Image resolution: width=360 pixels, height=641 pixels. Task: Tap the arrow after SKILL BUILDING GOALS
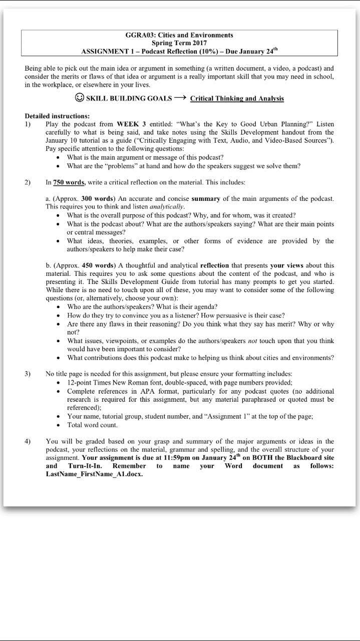[180, 98]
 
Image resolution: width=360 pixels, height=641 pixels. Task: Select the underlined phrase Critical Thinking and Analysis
[237, 99]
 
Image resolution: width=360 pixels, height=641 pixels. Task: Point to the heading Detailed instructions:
[57, 116]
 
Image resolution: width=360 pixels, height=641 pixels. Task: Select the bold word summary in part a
[206, 199]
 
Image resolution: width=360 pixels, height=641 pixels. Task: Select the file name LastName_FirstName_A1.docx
[94, 474]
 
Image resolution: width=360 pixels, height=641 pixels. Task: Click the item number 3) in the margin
[28, 374]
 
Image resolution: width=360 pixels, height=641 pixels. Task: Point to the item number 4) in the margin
[28, 441]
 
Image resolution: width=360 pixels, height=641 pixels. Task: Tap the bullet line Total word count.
[93, 425]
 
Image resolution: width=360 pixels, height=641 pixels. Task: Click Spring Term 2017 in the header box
[179, 43]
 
